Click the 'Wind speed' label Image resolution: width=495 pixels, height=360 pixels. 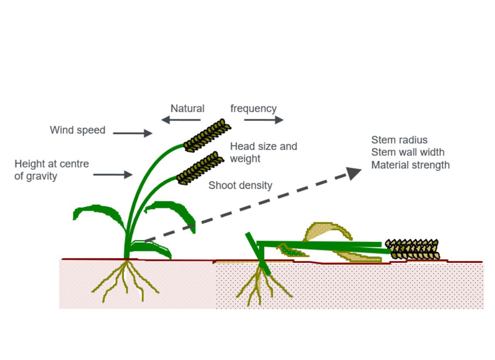77,130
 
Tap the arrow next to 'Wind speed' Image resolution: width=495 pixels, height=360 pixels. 132,133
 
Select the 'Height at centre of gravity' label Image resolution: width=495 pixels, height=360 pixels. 51,170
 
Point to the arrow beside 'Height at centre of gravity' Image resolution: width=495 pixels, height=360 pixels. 113,175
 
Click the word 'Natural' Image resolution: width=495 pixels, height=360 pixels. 187,109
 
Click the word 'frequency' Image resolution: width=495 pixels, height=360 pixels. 253,109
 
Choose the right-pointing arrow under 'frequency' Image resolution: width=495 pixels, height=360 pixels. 263,120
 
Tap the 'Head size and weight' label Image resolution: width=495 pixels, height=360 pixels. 263,152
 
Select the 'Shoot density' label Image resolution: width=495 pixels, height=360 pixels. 240,186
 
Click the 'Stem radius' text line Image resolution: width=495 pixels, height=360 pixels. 399,140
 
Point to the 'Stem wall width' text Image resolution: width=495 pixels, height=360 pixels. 408,152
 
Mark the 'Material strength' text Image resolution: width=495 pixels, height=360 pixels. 410,165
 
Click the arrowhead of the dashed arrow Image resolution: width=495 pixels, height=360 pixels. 354,173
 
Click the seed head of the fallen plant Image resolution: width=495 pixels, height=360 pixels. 413,249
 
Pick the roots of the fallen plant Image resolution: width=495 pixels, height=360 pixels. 261,285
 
